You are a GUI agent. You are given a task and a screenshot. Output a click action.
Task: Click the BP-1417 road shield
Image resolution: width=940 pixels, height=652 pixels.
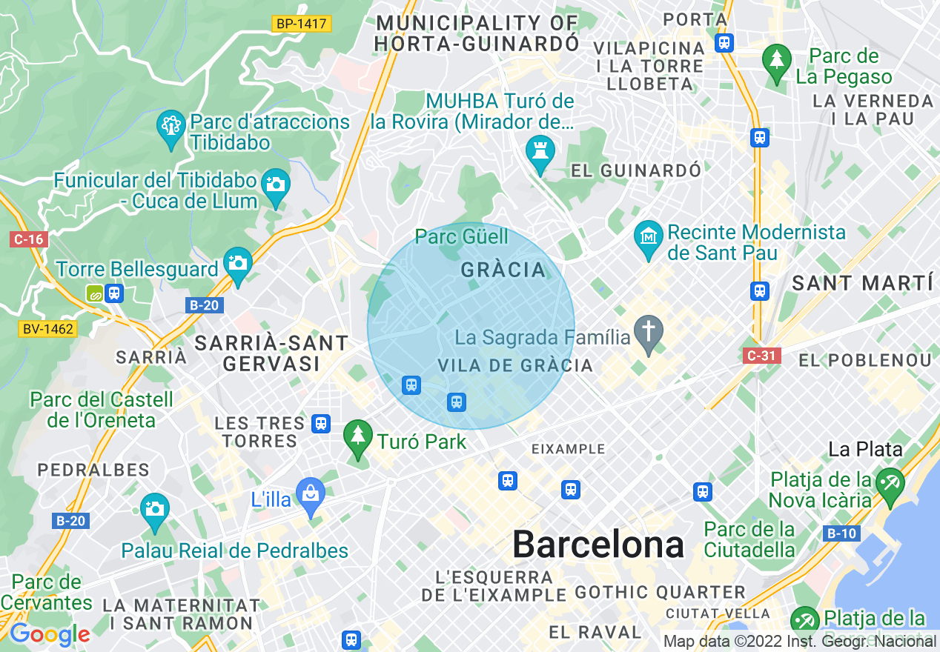tap(301, 24)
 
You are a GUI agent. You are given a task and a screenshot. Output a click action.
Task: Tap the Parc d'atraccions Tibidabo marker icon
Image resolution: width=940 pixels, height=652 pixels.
tap(172, 127)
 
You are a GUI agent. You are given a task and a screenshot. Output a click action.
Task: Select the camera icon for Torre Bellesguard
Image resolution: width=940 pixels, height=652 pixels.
tap(237, 263)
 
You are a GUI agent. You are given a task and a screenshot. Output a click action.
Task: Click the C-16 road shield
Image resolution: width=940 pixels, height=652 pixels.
tap(28, 239)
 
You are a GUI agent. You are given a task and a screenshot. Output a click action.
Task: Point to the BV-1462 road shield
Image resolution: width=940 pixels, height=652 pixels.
tap(48, 328)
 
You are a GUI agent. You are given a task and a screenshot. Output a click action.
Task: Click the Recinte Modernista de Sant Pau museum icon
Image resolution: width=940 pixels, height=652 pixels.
tap(649, 238)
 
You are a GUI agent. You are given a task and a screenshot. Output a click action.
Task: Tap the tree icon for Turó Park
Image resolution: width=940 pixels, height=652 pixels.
tap(359, 436)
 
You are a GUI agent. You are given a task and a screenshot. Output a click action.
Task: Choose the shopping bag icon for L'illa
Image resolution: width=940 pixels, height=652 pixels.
tap(310, 494)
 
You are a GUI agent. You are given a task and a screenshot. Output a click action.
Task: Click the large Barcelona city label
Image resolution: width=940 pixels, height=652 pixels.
tap(598, 545)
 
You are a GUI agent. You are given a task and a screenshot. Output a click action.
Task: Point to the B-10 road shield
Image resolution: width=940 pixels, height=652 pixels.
tap(841, 533)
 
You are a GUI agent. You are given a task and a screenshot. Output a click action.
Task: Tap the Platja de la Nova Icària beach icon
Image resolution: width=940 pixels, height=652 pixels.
tap(889, 485)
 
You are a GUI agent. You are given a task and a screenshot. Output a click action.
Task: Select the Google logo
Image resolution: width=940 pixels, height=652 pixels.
tap(50, 634)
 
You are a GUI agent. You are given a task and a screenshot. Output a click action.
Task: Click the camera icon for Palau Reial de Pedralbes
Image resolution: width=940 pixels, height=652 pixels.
tap(154, 510)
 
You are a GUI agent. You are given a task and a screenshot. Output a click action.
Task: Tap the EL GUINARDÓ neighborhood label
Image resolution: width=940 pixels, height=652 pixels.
tap(636, 171)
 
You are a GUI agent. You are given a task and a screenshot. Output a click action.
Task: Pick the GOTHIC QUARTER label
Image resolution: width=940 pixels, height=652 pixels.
tap(660, 592)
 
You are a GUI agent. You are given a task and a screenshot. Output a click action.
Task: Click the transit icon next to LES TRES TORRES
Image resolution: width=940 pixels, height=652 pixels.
tap(320, 423)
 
